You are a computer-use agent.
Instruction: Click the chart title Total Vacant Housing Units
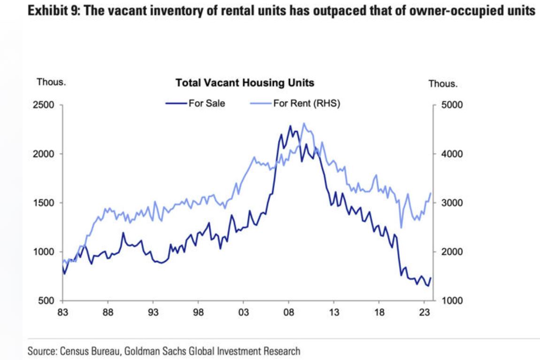[x=245, y=83]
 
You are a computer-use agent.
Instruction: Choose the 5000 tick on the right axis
[x=454, y=105]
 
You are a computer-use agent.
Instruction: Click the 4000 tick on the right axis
[x=454, y=154]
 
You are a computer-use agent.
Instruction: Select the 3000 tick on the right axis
[x=454, y=203]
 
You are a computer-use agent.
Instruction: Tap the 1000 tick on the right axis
[x=454, y=301]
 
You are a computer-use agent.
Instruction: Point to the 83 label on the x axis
[x=62, y=312]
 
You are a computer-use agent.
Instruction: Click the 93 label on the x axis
[x=153, y=312]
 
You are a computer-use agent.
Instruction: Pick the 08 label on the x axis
[x=289, y=312]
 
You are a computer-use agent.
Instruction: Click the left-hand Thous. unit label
[x=51, y=82]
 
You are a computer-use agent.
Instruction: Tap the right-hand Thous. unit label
[x=443, y=84]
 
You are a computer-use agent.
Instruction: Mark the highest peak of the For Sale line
[x=290, y=126]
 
